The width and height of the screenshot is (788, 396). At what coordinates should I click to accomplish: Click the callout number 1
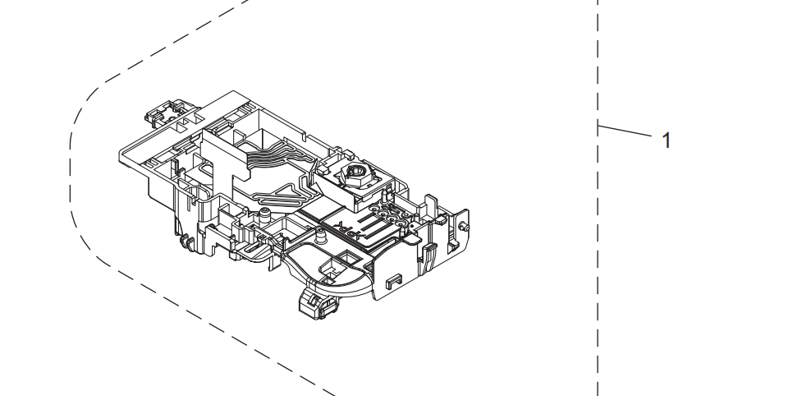pyautogui.click(x=667, y=140)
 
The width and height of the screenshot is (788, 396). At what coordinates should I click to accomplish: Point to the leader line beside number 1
pyautogui.click(x=624, y=131)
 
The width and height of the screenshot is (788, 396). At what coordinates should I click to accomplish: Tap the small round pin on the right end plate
pyautogui.click(x=465, y=228)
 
